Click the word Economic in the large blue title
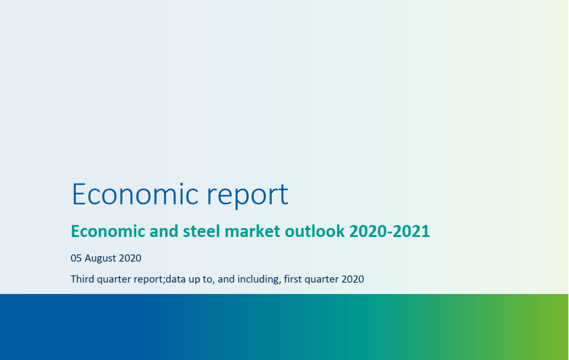click(135, 194)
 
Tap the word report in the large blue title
click(247, 196)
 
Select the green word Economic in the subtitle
click(108, 231)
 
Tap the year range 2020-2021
click(390, 231)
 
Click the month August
click(100, 259)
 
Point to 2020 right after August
click(130, 258)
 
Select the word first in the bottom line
click(292, 279)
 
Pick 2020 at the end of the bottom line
click(353, 279)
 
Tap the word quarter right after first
click(322, 280)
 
